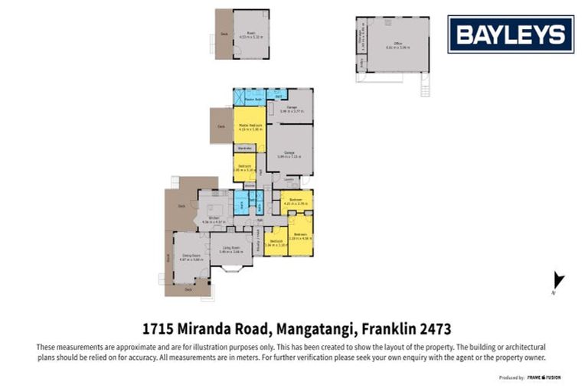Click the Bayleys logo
[511, 34]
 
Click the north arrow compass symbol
[558, 281]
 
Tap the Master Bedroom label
[250, 126]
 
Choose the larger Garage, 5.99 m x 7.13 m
[289, 153]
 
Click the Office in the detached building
[397, 44]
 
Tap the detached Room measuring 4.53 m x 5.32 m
[250, 34]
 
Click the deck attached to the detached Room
[224, 34]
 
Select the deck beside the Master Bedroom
[221, 126]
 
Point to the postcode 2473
[435, 330]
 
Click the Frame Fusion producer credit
[545, 377]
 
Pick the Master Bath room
[250, 100]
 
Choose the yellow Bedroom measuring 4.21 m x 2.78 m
[296, 201]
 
